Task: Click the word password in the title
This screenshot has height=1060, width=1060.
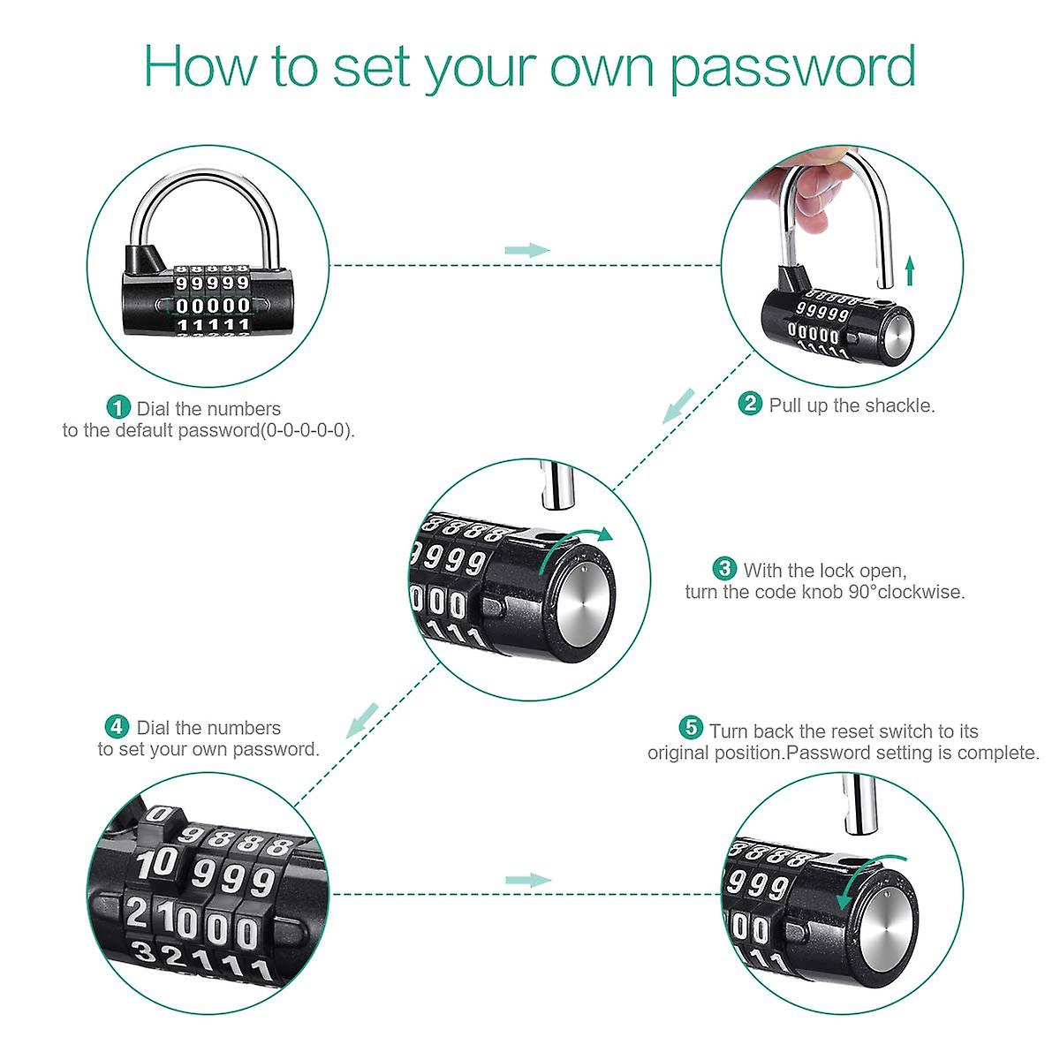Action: click(792, 67)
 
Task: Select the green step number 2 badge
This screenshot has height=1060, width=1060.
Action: click(750, 405)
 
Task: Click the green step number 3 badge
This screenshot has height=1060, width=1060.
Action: click(724, 569)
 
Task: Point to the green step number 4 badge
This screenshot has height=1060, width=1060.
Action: click(117, 727)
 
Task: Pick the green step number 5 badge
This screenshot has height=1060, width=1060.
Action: click(691, 729)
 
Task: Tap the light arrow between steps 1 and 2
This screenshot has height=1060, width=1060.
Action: click(527, 250)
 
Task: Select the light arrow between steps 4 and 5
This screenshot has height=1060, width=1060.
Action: click(527, 880)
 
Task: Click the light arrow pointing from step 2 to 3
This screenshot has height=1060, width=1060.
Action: click(679, 405)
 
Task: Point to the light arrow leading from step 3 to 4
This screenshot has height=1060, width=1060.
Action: click(362, 720)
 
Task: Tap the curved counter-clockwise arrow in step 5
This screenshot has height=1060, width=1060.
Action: click(870, 878)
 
